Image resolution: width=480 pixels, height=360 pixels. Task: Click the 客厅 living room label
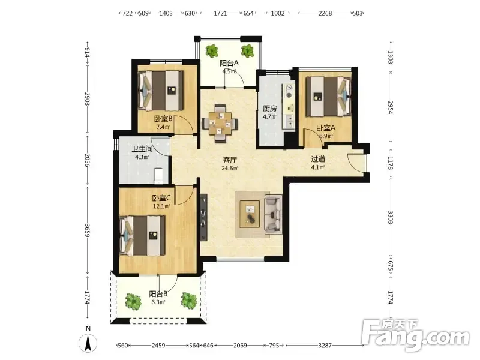[230, 160]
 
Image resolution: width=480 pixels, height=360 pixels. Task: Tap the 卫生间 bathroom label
[142, 149]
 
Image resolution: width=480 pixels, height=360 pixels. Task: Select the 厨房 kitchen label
[269, 109]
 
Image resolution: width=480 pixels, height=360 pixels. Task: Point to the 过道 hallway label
[318, 159]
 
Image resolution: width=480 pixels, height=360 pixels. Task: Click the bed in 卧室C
[143, 235]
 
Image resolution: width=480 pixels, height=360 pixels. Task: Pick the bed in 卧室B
[161, 91]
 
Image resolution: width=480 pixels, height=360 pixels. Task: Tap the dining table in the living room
[220, 124]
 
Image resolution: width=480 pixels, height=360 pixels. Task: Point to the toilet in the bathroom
[158, 176]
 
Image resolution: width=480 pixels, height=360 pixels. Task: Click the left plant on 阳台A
[212, 50]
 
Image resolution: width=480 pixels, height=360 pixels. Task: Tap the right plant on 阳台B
[188, 301]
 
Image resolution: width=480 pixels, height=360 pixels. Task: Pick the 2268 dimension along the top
[325, 13]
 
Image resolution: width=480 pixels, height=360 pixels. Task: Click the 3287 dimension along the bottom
[325, 346]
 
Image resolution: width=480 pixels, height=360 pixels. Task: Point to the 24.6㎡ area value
[230, 168]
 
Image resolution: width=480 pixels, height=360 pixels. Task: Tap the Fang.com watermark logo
[415, 335]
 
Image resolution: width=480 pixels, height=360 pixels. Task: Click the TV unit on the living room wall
[203, 217]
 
